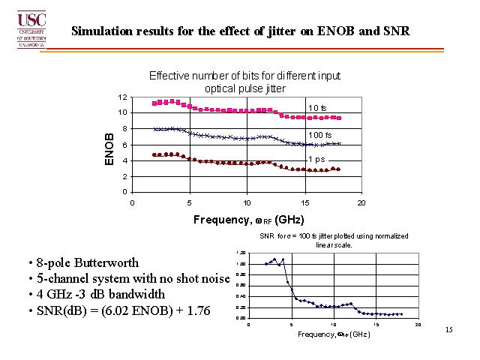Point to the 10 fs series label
pos(318,108)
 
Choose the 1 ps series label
pos(317,159)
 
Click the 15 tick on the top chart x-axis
pos(304,202)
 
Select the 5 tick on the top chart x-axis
pos(190,202)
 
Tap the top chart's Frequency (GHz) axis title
pos(247,220)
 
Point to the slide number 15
pos(449,330)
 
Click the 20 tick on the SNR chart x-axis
pos(418,324)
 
